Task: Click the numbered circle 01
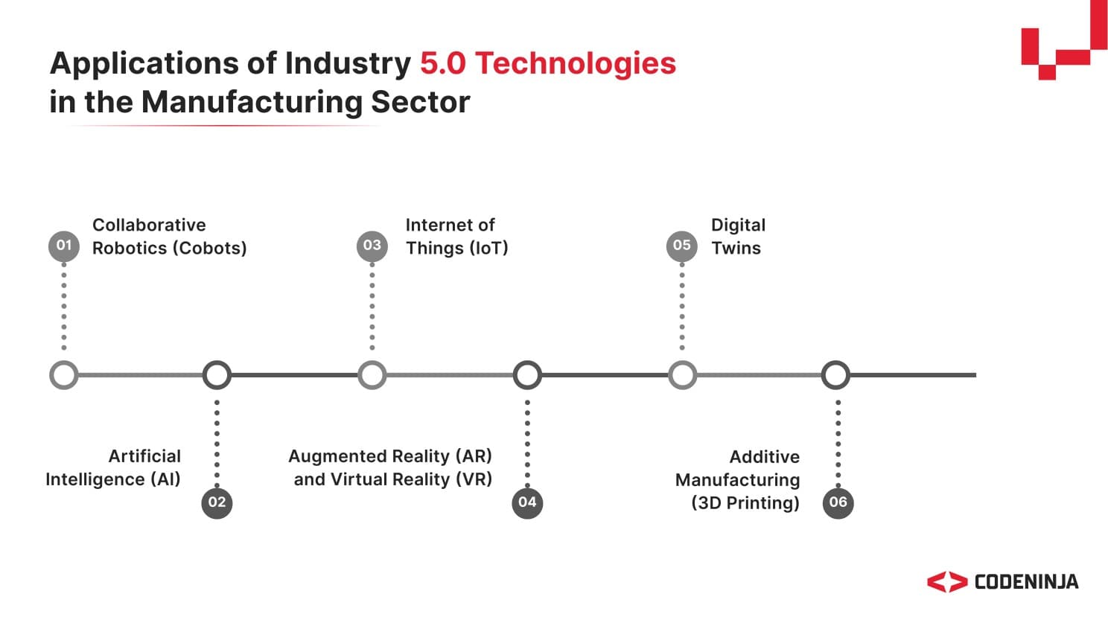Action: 64,246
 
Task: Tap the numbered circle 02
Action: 217,502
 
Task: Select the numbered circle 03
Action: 372,246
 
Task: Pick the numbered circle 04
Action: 527,502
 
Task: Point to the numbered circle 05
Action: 682,246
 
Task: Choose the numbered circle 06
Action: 838,502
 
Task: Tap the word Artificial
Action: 144,456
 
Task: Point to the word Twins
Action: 736,249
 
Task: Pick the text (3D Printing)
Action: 745,503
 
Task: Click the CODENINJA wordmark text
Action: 1026,582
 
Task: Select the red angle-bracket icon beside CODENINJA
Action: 946,582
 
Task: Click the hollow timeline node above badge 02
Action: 217,375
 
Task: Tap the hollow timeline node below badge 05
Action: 682,375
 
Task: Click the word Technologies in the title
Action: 576,63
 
